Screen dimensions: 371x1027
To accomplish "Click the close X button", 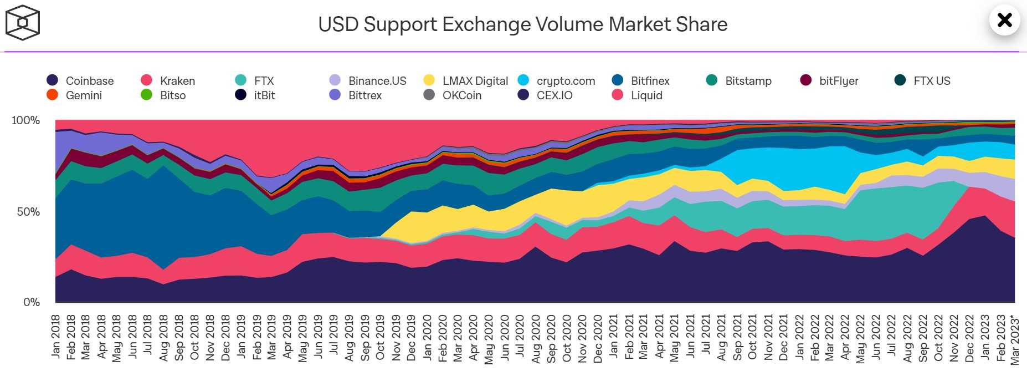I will click(x=1004, y=21).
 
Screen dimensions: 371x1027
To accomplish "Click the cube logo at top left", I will click(x=22, y=23).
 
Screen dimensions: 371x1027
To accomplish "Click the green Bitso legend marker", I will click(x=147, y=95).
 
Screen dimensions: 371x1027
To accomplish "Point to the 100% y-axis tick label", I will click(x=25, y=120).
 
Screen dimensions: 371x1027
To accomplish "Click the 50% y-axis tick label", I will click(x=28, y=212).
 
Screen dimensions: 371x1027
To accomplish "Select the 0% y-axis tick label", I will click(x=31, y=302).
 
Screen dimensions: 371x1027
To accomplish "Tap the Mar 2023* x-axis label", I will click(x=1014, y=340).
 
